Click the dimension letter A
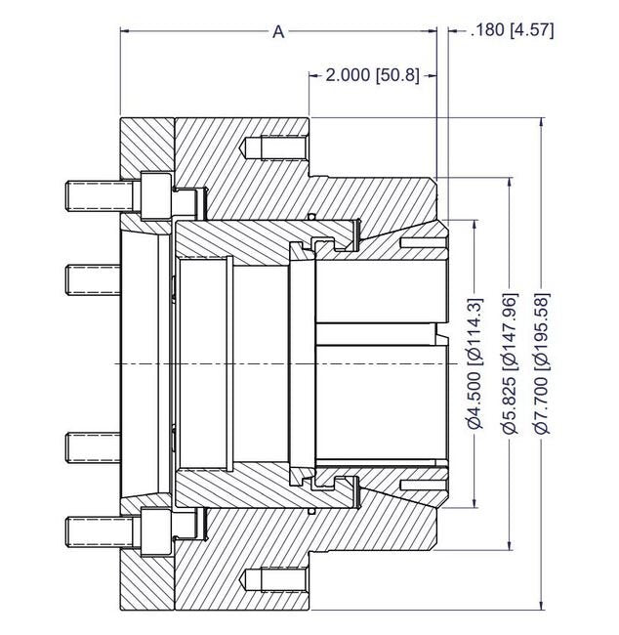278,32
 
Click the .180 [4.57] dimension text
512,30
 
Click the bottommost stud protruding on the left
92,530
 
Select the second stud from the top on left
92,279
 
